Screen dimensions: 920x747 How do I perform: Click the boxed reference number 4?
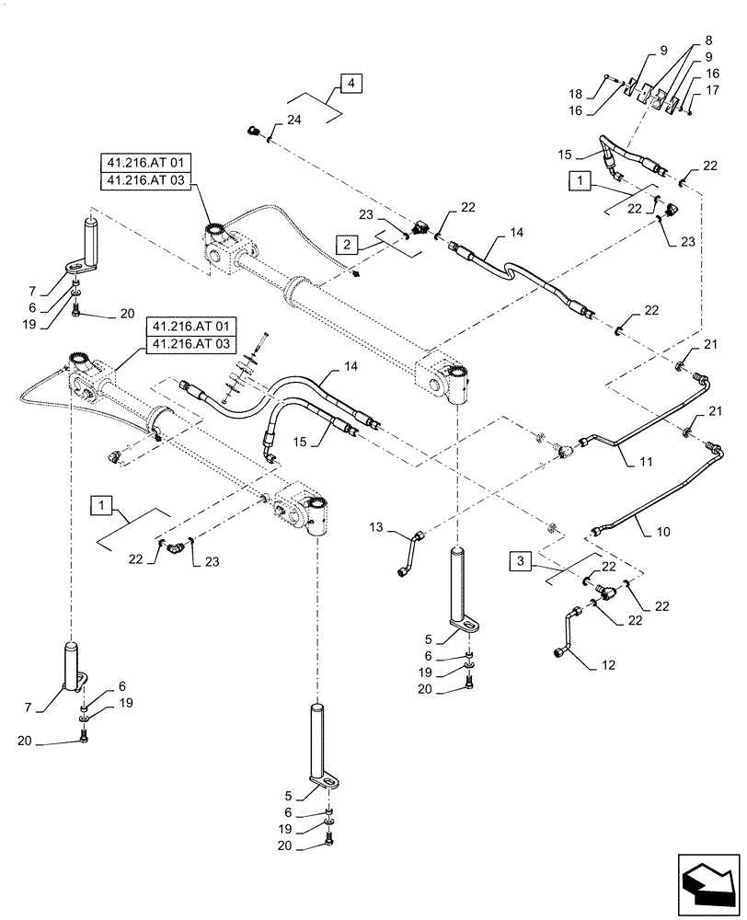351,85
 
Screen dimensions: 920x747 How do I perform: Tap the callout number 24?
293,120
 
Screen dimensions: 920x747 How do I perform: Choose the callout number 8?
707,41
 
